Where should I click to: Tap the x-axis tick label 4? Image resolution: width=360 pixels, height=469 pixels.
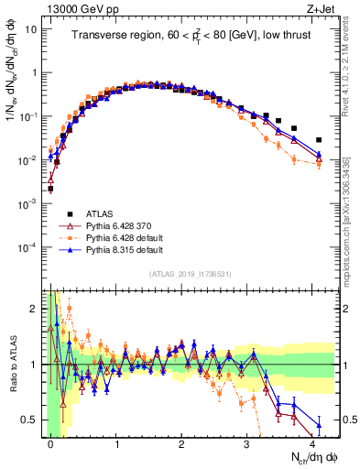click(x=312, y=442)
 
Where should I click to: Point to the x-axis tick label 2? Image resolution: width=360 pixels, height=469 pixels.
click(x=181, y=442)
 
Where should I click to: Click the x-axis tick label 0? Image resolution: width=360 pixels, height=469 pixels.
click(x=50, y=442)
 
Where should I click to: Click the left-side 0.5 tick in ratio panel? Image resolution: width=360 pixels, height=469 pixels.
click(x=31, y=420)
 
